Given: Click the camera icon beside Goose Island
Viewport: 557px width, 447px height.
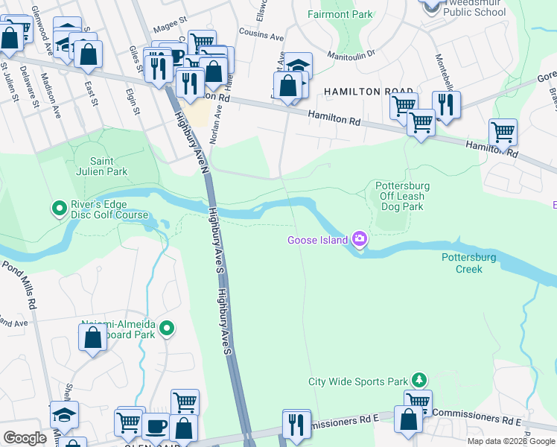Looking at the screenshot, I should point(360,239).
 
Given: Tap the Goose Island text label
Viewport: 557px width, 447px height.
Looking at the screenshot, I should point(318,240).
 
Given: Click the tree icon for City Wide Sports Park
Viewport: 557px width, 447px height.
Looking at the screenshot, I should point(419,381).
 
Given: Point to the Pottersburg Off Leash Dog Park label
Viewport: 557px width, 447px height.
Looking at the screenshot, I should point(400,196).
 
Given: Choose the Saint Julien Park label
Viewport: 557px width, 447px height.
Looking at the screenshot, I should point(109,166).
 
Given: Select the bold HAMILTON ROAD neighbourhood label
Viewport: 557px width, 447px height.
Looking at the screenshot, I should point(369,92).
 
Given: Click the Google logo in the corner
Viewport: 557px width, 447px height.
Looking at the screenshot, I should point(25,438).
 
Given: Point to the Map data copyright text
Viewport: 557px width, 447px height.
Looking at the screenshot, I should point(510,441).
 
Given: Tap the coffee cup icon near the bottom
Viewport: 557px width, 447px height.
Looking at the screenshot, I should point(156,426).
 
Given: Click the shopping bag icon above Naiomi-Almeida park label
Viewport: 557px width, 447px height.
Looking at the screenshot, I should point(93,339).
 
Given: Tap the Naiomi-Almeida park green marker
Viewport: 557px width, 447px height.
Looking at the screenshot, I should point(167,328).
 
